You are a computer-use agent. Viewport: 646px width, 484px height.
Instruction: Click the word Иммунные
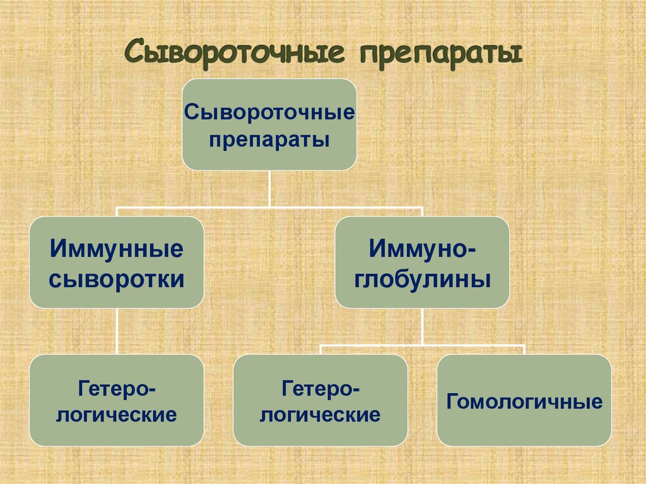117,248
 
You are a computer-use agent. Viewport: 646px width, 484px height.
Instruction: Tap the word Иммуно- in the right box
422,248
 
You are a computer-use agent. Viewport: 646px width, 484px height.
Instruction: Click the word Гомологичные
524,401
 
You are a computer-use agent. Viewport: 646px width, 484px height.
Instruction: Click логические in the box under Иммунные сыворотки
117,415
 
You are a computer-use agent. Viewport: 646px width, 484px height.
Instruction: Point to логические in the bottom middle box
320,415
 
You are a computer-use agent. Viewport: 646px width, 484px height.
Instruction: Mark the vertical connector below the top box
269,187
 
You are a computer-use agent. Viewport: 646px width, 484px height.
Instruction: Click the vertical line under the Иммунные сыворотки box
117,331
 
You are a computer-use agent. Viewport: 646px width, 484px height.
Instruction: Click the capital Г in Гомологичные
452,401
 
